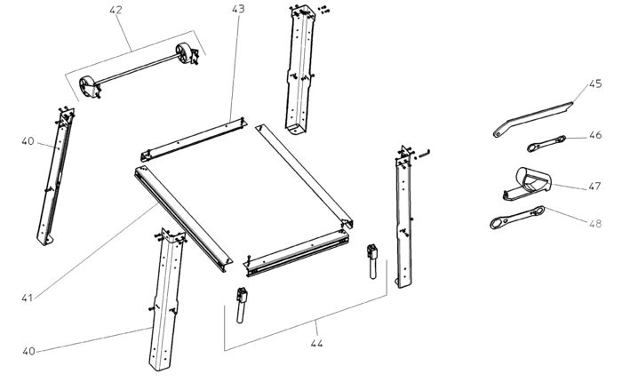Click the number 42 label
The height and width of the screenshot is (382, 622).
coord(117,11)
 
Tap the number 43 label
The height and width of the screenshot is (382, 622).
coord(237,9)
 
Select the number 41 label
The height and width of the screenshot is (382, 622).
coord(28,297)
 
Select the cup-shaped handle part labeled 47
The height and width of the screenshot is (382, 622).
coord(531,181)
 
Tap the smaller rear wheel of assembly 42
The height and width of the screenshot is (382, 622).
coord(186,52)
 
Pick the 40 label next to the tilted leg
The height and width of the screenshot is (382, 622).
coord(28,139)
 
